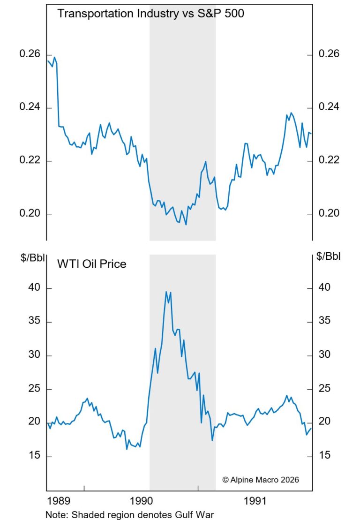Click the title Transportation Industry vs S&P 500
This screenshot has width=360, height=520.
150,14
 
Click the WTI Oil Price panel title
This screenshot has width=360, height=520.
91,264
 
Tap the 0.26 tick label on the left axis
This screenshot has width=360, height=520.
29,54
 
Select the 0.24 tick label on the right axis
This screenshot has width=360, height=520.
329,107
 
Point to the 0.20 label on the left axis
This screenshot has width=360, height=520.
29,214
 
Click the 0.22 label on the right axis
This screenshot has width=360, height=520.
329,160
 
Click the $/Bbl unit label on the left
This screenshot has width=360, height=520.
31,256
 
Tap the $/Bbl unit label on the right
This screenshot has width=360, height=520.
329,256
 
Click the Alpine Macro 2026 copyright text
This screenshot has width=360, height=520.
260,480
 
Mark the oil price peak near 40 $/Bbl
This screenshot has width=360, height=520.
166,292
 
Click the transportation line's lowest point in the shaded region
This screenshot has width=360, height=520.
186,225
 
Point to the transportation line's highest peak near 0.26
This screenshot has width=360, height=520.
54,57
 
